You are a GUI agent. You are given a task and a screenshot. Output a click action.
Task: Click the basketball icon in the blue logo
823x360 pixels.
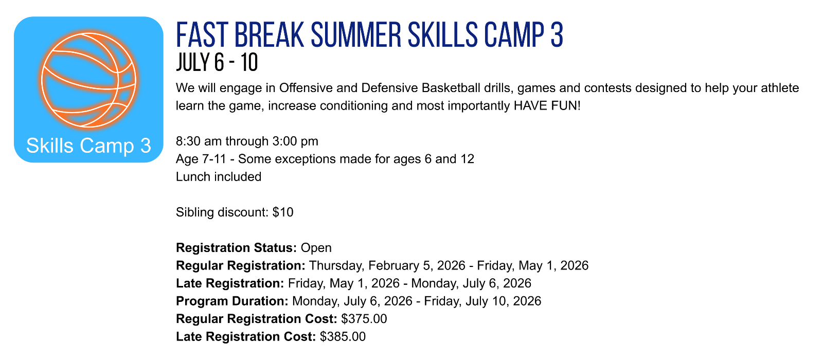click(88, 80)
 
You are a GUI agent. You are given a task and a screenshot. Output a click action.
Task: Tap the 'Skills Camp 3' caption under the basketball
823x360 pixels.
click(88, 146)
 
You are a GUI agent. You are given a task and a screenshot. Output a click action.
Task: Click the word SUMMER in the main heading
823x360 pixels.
click(356, 35)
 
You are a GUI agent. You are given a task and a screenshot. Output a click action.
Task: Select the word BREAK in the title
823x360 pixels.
click(270, 35)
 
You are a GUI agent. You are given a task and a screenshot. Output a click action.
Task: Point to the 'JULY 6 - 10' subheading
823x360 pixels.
click(217, 62)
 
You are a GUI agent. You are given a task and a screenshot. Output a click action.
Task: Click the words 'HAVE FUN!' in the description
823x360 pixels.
click(547, 106)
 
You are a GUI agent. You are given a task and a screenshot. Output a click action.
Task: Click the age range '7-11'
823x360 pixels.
click(214, 159)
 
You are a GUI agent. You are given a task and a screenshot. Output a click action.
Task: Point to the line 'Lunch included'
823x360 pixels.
click(219, 177)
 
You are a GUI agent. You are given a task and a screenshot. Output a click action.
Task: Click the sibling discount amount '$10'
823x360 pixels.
click(283, 212)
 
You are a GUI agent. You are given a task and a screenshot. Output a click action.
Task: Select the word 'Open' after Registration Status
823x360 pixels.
click(316, 248)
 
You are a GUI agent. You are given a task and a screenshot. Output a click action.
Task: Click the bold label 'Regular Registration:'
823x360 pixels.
click(241, 265)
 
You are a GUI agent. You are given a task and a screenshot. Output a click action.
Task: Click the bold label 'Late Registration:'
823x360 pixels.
click(230, 283)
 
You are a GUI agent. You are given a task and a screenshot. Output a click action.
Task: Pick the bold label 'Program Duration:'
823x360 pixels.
click(232, 301)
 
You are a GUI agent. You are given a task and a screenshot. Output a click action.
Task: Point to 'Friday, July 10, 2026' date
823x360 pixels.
click(482, 301)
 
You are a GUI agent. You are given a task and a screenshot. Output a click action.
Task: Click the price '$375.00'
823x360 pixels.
click(364, 319)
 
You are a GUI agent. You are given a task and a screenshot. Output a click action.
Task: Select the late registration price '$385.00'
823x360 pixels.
click(343, 336)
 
